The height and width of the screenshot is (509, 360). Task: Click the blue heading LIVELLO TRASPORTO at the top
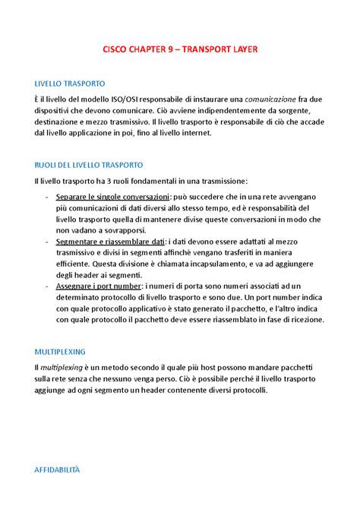point(71,84)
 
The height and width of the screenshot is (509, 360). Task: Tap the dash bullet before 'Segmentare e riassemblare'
point(49,241)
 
